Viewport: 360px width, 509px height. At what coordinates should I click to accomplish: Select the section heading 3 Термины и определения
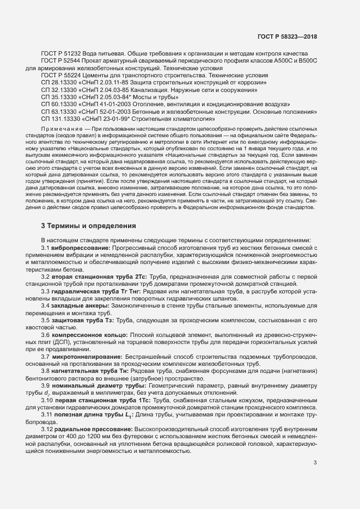pyautogui.click(x=86, y=225)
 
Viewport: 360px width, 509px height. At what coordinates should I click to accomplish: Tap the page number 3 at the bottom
pyautogui.click(x=315, y=463)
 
